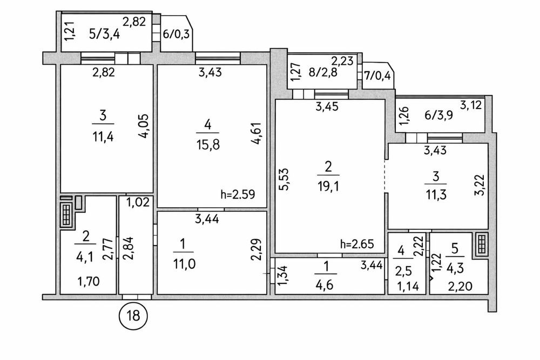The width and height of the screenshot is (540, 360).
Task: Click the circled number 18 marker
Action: (133, 315)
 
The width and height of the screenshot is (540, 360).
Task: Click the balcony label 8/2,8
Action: (323, 72)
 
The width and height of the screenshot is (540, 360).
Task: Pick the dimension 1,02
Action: (137, 203)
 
